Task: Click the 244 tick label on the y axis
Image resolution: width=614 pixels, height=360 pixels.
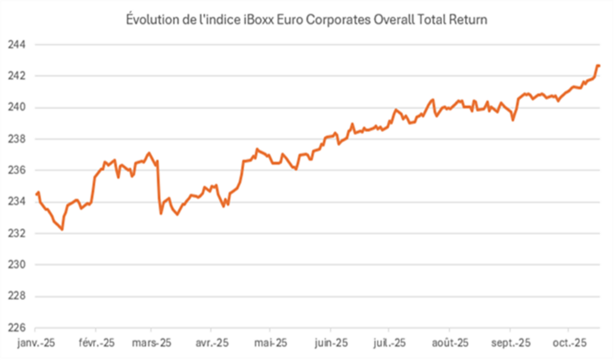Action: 16,45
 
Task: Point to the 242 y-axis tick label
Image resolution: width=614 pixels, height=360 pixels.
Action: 16,76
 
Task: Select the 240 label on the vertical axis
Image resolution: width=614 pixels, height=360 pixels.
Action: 16,107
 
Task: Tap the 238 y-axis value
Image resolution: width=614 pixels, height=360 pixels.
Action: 16,139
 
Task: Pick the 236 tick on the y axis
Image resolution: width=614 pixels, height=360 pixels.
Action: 16,170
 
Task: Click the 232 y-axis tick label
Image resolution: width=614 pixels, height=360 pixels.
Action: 16,233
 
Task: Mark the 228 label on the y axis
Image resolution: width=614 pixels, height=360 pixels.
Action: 16,296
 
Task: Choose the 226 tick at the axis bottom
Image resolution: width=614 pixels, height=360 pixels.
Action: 16,328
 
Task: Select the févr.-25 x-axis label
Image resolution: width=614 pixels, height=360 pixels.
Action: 97,342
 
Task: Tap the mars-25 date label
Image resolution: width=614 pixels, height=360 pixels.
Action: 153,342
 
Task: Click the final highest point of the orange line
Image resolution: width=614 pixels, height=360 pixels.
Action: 598,66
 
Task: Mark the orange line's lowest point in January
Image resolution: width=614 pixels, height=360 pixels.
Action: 61,229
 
